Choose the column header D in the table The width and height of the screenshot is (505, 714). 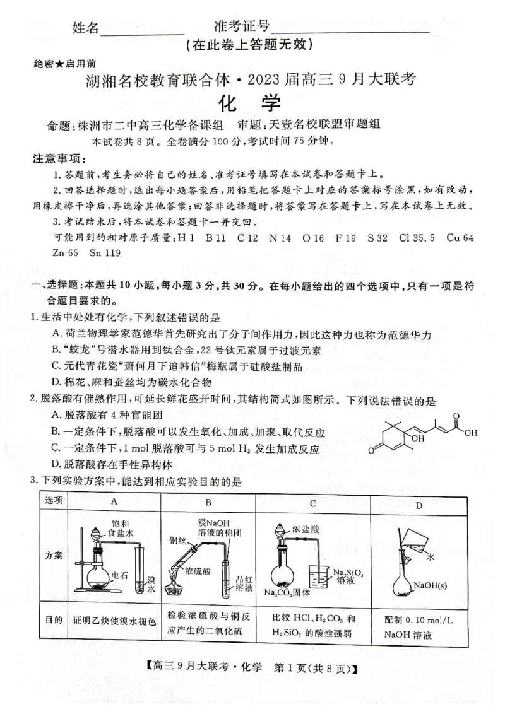pos(419,505)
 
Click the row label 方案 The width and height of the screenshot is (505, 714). pos(54,556)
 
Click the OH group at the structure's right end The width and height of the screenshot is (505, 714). pos(470,433)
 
